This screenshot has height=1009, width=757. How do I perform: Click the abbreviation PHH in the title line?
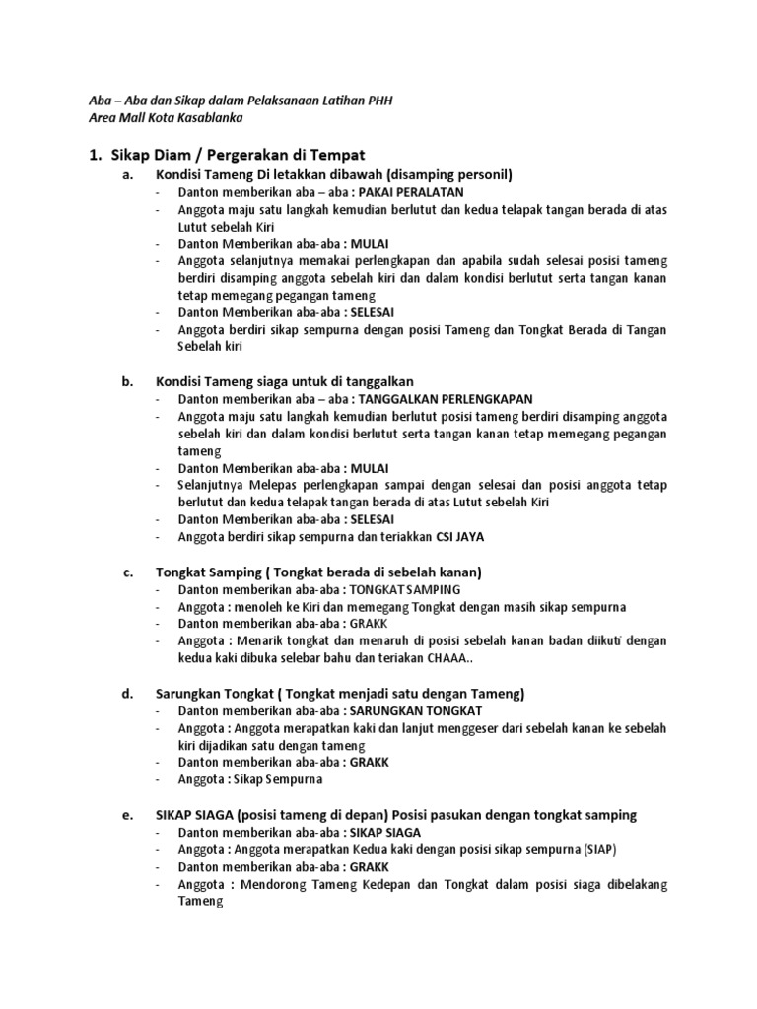tap(378, 101)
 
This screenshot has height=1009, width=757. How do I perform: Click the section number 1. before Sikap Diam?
tap(97, 155)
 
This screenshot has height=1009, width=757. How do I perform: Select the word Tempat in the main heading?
tap(339, 155)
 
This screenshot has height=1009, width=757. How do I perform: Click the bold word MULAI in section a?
tap(367, 243)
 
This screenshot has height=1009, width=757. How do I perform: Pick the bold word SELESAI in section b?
tap(373, 519)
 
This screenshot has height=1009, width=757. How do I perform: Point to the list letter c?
tap(127, 572)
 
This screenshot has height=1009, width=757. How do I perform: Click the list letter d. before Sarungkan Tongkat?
tap(127, 693)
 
